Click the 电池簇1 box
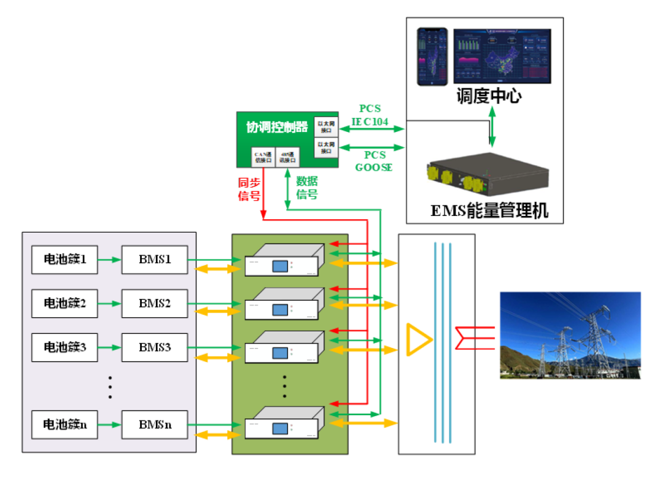tap(64, 260)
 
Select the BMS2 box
tap(154, 303)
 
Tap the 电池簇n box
tap(64, 425)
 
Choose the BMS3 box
tap(154, 347)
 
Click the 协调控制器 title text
tap(277, 127)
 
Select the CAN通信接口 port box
tap(262, 157)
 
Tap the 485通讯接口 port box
tap(287, 157)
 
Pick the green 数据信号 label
tap(308, 188)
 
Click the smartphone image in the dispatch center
tap(432, 56)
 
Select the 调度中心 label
tap(489, 96)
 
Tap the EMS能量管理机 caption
tap(489, 211)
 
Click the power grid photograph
tap(570, 335)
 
